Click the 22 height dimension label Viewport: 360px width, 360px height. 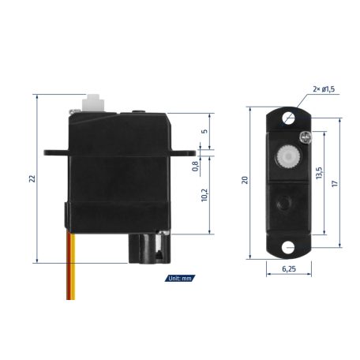click(x=32, y=178)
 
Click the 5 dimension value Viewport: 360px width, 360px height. click(x=204, y=132)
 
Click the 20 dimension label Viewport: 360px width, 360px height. click(x=246, y=181)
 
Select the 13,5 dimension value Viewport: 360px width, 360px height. click(x=318, y=174)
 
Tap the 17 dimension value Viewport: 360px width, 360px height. click(x=335, y=182)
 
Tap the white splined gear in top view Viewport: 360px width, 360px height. click(x=288, y=159)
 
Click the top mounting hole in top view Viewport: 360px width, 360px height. click(x=288, y=118)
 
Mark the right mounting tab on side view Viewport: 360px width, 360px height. click(x=186, y=148)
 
